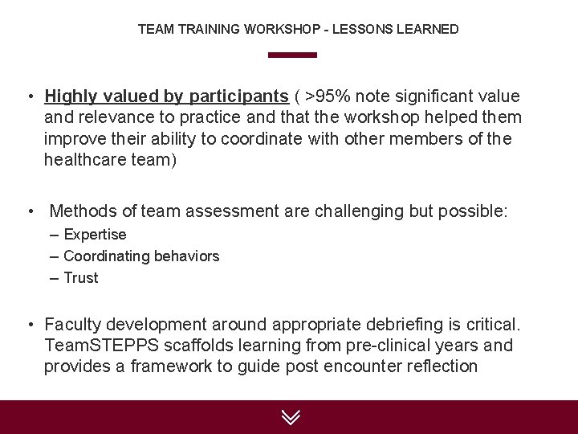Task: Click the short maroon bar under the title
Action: click(292, 55)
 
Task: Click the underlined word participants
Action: click(238, 96)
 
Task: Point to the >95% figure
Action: click(327, 96)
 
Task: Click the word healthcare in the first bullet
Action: click(84, 159)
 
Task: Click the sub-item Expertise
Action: click(95, 235)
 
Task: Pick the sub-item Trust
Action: click(80, 278)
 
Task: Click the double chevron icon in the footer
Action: click(291, 417)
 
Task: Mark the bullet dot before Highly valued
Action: click(28, 97)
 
